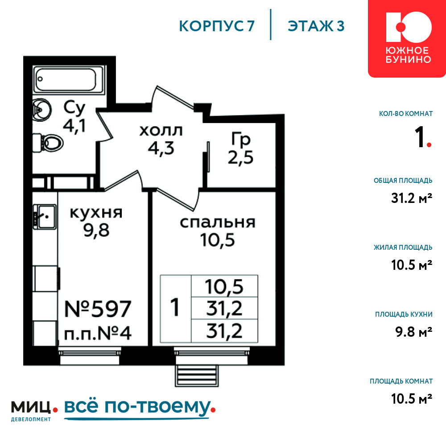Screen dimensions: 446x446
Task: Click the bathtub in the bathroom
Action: pos(69,79)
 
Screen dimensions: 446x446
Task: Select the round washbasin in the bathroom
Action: pos(42,110)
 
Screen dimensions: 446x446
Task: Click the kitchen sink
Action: pos(45,217)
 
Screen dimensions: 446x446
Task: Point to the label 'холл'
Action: pos(161,131)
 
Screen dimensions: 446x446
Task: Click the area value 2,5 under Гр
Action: pos(240,157)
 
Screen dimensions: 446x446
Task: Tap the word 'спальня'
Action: pos(218,223)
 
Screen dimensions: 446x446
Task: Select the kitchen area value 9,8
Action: pos(96,230)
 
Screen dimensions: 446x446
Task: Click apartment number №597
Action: pos(98,309)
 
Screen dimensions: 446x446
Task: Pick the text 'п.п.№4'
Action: pos(98,333)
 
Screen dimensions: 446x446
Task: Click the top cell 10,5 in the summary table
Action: pos(224,286)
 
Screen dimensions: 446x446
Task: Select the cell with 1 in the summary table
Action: pos(175,308)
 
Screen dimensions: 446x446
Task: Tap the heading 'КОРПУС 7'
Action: pos(217,26)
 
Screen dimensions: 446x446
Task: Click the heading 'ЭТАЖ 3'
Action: pos(316,26)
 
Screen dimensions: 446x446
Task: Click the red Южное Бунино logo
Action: pos(407,38)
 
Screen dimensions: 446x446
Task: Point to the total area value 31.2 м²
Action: pos(412,198)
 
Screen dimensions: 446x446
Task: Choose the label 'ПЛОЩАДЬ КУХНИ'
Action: pos(404,314)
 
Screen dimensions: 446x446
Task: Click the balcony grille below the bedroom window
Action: pos(197,376)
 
